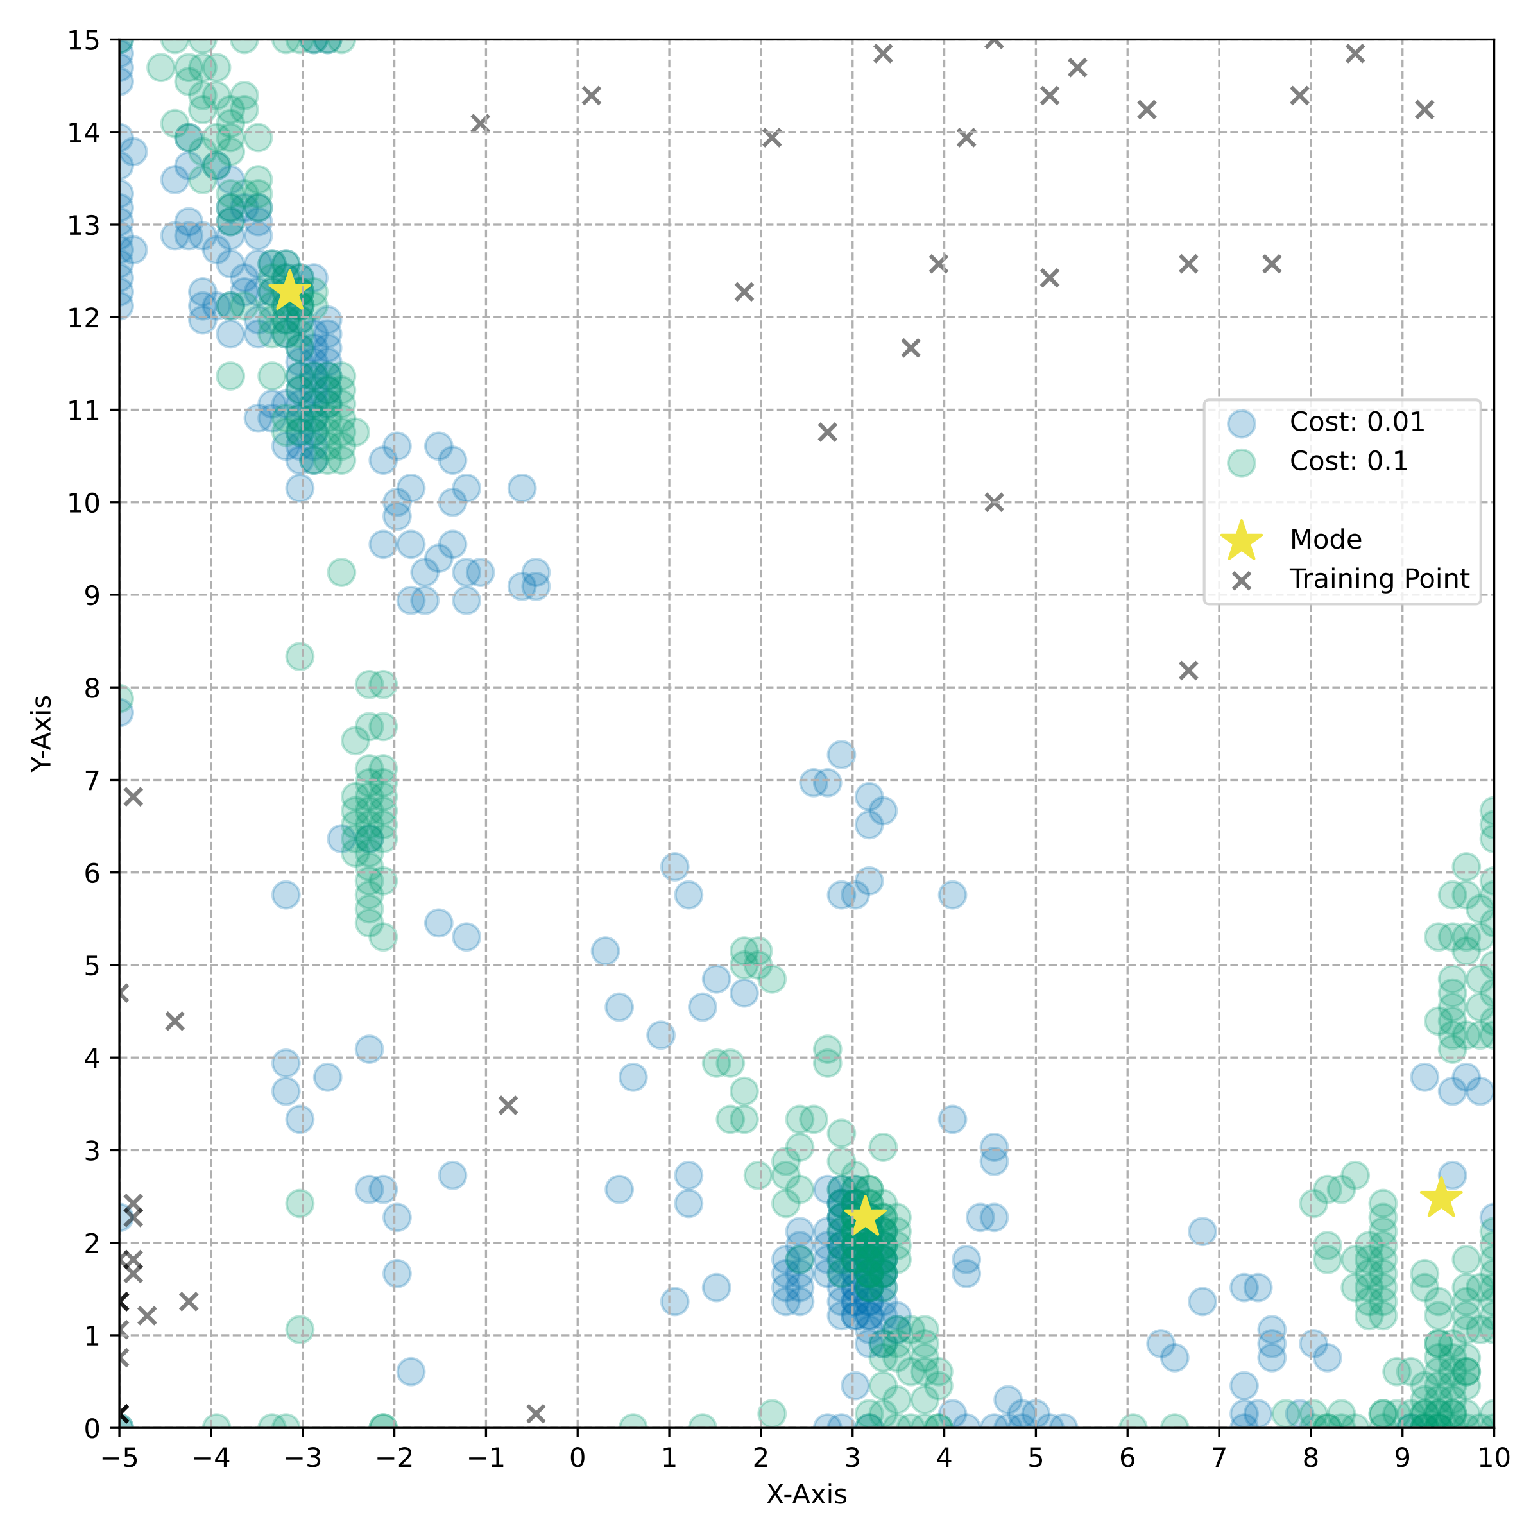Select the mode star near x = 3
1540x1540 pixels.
point(865,1217)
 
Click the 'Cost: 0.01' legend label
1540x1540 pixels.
point(1356,422)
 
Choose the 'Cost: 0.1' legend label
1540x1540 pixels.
point(1349,461)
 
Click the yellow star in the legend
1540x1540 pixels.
point(1241,540)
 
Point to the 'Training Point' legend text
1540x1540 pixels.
point(1379,579)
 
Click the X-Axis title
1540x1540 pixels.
point(806,1494)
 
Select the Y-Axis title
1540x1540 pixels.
point(42,733)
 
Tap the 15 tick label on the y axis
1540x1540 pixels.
point(83,40)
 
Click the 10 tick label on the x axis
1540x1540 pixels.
point(1494,1458)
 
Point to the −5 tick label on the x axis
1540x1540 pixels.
point(119,1458)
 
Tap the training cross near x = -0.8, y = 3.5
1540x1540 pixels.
point(508,1105)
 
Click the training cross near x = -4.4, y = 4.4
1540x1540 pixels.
point(175,1021)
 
